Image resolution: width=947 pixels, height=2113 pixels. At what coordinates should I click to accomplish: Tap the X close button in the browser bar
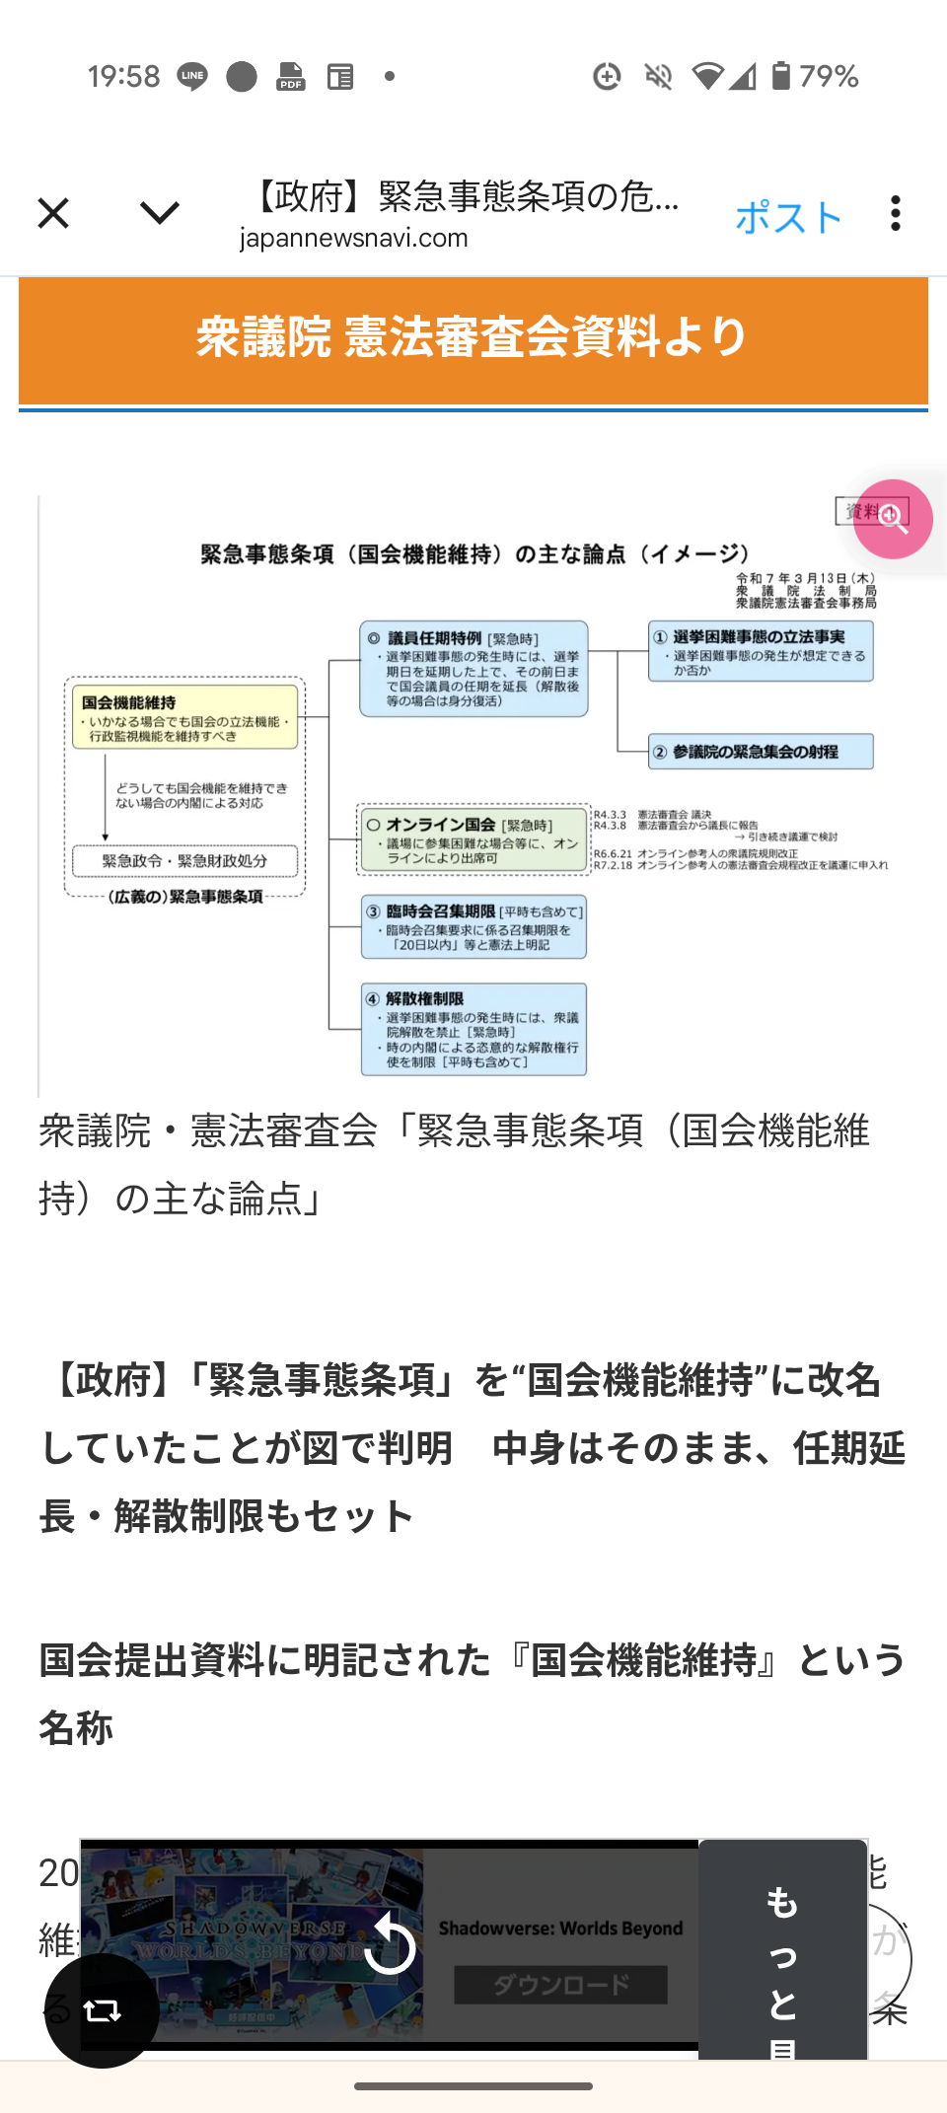tap(53, 213)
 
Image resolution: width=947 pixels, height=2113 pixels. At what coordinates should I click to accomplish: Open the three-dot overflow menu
tap(895, 213)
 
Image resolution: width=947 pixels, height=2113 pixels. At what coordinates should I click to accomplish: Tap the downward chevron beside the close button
tap(159, 212)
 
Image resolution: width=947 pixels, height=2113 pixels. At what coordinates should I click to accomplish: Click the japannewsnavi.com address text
tap(353, 239)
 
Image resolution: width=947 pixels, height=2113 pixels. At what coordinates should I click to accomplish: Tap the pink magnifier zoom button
tap(893, 519)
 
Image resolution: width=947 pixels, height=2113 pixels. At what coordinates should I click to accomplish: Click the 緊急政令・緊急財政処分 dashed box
tap(184, 860)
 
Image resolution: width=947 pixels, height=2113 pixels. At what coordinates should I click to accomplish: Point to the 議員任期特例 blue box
tap(473, 668)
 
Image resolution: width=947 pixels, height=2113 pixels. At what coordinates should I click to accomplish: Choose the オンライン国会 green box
tap(473, 839)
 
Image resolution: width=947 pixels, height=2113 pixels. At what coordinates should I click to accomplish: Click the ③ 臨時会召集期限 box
tap(473, 927)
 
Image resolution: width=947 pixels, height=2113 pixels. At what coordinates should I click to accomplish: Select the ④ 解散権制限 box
tap(473, 1029)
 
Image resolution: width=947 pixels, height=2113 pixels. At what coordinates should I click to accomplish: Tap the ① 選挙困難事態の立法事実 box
tap(761, 651)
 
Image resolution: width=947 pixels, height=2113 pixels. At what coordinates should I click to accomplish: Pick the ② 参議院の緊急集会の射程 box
tap(761, 752)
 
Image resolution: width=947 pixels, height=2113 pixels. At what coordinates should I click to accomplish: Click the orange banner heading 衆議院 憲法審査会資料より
tap(473, 337)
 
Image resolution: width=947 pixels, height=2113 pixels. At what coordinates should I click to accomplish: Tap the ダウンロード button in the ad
tap(560, 1984)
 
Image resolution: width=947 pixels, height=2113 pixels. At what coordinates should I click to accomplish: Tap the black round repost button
tap(102, 2009)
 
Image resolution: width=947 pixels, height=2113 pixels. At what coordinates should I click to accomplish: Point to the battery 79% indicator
tap(815, 76)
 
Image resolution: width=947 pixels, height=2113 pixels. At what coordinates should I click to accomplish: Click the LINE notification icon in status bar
tap(192, 76)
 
